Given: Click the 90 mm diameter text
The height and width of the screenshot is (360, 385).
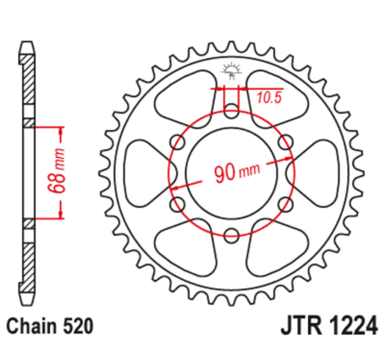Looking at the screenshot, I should point(235,173).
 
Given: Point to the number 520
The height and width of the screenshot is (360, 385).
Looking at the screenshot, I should point(82,326).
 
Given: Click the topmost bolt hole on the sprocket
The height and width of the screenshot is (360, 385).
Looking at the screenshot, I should point(232,108).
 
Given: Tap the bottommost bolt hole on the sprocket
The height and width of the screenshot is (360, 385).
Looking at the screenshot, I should point(232,236).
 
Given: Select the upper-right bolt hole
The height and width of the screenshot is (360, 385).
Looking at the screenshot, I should point(287,141).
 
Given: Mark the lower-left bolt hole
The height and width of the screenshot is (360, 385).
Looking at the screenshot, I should point(176,205).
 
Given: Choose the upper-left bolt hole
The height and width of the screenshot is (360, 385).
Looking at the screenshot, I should point(176,141).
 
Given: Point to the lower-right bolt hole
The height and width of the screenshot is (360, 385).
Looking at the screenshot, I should point(287,205).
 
